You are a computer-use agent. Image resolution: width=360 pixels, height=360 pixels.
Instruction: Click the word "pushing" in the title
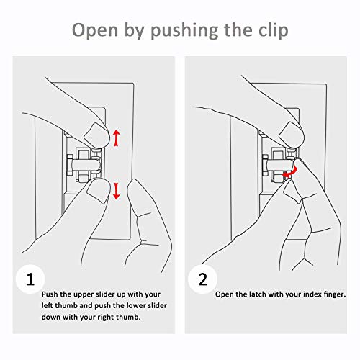coord(184,31)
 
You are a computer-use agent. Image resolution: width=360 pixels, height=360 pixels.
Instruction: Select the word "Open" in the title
coord(95,30)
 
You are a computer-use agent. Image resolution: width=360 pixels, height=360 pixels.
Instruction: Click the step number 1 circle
coord(30,279)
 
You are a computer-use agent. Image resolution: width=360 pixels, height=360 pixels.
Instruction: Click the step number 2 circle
coord(202,279)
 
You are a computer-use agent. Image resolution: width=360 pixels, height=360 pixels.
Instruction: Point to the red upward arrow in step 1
coord(117,138)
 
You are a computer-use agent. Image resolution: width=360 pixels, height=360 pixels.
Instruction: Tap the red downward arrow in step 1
coord(117,191)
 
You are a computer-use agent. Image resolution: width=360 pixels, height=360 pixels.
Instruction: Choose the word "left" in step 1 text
coord(48,305)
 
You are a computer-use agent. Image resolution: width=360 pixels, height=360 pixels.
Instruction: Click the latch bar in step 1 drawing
coord(85,165)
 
